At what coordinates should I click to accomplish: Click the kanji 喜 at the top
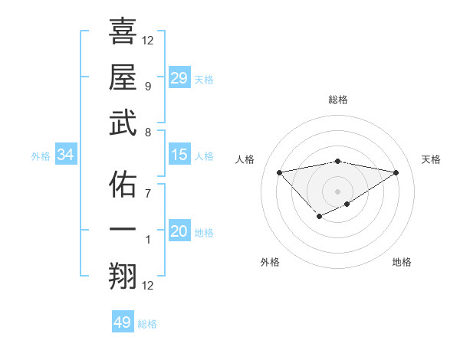123,32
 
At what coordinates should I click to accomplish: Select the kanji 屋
123,77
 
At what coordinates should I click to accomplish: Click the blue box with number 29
179,78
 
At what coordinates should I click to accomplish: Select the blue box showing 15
179,155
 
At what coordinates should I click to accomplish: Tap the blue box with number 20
179,231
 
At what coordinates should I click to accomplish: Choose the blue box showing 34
65,155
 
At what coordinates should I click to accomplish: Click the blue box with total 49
122,322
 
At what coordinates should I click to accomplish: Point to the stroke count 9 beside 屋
147,86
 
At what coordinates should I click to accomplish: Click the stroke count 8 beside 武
147,132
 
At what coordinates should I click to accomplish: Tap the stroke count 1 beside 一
147,240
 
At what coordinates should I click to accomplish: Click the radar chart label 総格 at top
337,100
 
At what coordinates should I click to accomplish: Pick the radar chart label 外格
270,262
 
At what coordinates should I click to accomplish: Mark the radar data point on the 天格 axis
396,172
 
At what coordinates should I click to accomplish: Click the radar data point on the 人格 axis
279,172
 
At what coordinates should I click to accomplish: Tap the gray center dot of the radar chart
337,191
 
